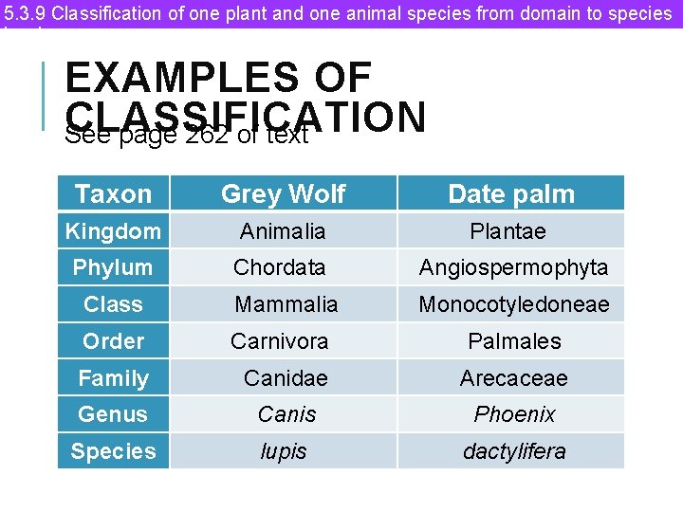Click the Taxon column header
(113, 194)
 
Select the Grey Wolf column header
(283, 194)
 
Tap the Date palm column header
(511, 194)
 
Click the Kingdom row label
(113, 231)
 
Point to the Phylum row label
(113, 267)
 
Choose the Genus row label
(113, 414)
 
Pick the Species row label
(113, 451)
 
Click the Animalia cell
(283, 231)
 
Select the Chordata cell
(280, 267)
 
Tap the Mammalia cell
(286, 304)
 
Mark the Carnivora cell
(280, 341)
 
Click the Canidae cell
(286, 378)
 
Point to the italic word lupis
(284, 451)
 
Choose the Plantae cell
(508, 231)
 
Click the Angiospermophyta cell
(513, 267)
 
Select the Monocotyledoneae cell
(514, 304)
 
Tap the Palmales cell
(514, 341)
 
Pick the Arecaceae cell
(514, 378)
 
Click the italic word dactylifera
(514, 451)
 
